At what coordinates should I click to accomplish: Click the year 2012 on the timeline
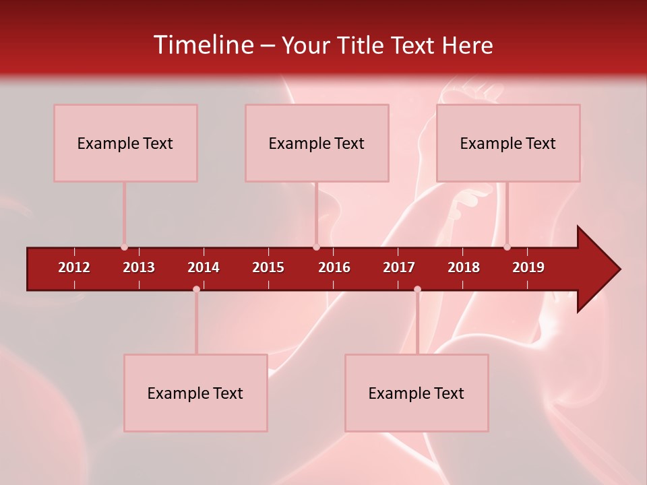click(x=74, y=267)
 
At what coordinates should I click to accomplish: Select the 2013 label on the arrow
click(x=139, y=267)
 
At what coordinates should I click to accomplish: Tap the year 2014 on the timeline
click(x=204, y=267)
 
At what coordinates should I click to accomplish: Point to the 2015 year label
click(x=268, y=267)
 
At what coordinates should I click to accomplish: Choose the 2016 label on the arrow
click(x=334, y=267)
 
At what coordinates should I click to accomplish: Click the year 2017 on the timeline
click(x=399, y=267)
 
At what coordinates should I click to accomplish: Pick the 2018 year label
click(x=464, y=267)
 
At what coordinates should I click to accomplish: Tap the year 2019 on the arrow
click(x=528, y=267)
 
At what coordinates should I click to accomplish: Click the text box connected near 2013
click(x=125, y=143)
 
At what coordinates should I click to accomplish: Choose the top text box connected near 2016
click(x=317, y=143)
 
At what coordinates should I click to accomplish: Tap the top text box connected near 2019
click(x=508, y=143)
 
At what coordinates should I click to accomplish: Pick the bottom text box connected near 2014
click(x=195, y=393)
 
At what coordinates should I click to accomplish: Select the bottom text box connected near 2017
click(x=417, y=393)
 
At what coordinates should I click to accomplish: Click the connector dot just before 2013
click(x=124, y=247)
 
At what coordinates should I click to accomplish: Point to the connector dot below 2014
click(x=196, y=289)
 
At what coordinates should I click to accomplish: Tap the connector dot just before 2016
click(x=316, y=247)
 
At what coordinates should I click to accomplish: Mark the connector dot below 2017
click(x=417, y=289)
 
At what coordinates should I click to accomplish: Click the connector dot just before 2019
click(x=507, y=247)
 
